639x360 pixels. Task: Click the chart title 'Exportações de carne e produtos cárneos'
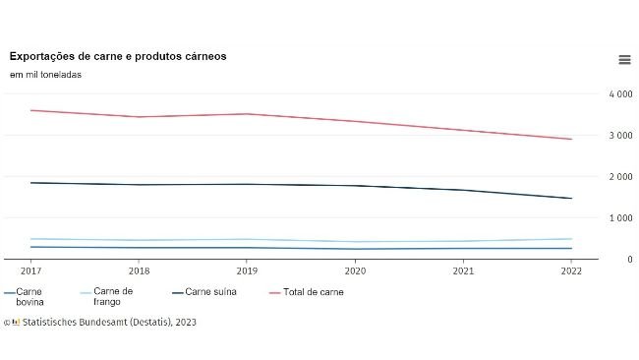click(x=118, y=56)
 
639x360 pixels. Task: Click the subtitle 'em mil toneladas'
click(x=45, y=74)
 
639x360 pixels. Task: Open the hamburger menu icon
click(x=624, y=60)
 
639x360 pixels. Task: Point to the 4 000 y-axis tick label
click(x=620, y=94)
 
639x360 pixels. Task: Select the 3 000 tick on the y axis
click(x=620, y=136)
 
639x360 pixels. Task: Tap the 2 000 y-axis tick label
click(x=620, y=177)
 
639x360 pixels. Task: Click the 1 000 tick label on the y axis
click(x=620, y=218)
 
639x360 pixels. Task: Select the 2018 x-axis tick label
click(x=141, y=270)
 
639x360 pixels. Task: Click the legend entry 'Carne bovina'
click(x=29, y=297)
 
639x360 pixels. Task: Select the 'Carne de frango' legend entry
click(x=112, y=297)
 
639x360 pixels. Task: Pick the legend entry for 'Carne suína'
click(x=209, y=292)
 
